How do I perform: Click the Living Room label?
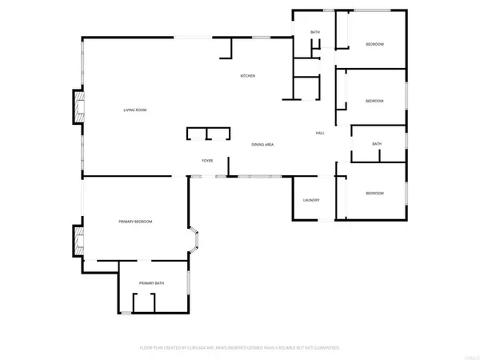tap(134, 110)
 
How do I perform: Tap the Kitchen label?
tap(248, 76)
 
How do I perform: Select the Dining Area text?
tap(263, 145)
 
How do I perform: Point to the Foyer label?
tap(206, 160)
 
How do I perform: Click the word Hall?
tap(319, 133)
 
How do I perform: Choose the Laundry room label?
tap(311, 200)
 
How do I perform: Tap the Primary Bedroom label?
tap(135, 222)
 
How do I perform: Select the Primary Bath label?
tap(151, 284)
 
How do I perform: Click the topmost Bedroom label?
tap(374, 44)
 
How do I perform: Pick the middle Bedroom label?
tap(374, 101)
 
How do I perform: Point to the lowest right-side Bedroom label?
tap(374, 194)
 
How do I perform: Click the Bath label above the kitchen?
tap(315, 32)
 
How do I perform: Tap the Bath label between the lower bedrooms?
tap(377, 144)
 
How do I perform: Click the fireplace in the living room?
tap(78, 108)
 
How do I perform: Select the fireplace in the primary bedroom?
tap(78, 241)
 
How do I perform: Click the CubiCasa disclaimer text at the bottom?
tap(240, 348)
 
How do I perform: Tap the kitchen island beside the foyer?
tap(207, 134)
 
